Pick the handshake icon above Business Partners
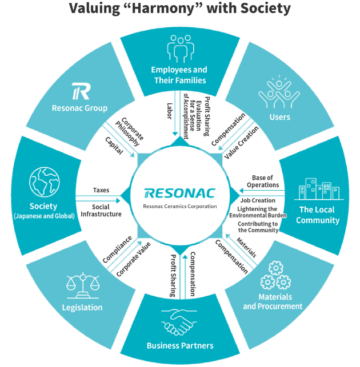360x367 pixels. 179,322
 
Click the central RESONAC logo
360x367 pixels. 179,193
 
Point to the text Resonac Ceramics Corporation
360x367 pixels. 180,206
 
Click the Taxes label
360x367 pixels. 102,191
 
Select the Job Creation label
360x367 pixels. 258,200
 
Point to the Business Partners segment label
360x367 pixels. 180,345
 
